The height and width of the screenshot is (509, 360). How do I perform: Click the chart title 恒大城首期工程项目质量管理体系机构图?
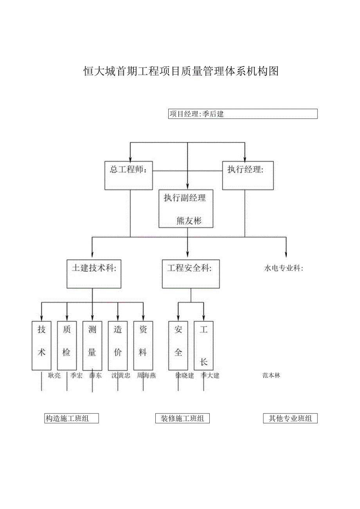point(181,71)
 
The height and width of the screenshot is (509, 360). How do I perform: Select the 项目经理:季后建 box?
point(243,114)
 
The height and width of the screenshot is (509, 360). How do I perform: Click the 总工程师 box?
point(128,175)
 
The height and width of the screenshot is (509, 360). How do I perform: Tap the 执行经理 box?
point(248,175)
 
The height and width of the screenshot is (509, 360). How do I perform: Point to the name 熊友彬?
point(189,221)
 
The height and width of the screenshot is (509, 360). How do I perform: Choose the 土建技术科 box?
point(92,274)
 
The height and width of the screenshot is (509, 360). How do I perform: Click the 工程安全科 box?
point(191,274)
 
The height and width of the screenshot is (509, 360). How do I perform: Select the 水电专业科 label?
point(284,268)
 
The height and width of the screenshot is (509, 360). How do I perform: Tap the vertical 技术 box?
point(41,345)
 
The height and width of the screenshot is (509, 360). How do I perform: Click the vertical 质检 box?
point(67,345)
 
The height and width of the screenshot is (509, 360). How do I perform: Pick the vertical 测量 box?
point(92,345)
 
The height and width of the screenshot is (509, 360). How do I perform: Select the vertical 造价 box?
point(118,345)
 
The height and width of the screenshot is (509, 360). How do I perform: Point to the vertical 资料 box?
point(143,345)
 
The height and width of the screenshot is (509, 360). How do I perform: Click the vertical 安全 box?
point(178,345)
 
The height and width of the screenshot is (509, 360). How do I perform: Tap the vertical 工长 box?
point(203,345)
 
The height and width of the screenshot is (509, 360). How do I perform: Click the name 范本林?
point(271,376)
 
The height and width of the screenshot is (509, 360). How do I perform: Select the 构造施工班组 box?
point(71,418)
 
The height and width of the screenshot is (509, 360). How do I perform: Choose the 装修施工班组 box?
point(182,418)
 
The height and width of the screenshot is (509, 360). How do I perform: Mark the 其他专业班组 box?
point(290,418)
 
